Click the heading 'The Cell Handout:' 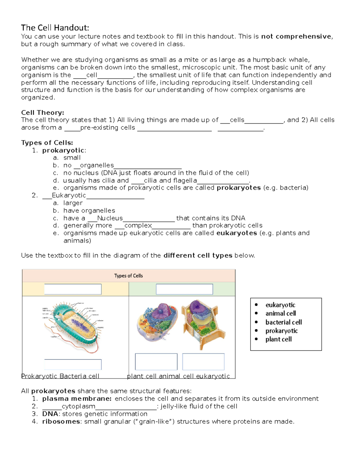tap(55, 28)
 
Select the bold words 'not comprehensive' tap(296, 37)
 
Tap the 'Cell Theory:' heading tap(42, 113)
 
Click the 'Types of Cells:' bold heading tap(47, 143)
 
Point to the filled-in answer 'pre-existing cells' tap(108, 128)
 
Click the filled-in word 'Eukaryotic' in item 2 tap(69, 195)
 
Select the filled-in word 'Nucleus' tap(110, 218)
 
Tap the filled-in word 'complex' tap(138, 225)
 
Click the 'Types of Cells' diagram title tap(128, 276)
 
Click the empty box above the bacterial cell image tap(73, 289)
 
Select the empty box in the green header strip tap(184, 289)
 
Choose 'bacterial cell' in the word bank tap(283, 322)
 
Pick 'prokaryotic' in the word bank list tap(281, 331)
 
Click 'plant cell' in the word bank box tap(278, 339)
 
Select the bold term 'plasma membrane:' tap(77, 398)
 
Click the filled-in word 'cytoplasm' tap(78, 406)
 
